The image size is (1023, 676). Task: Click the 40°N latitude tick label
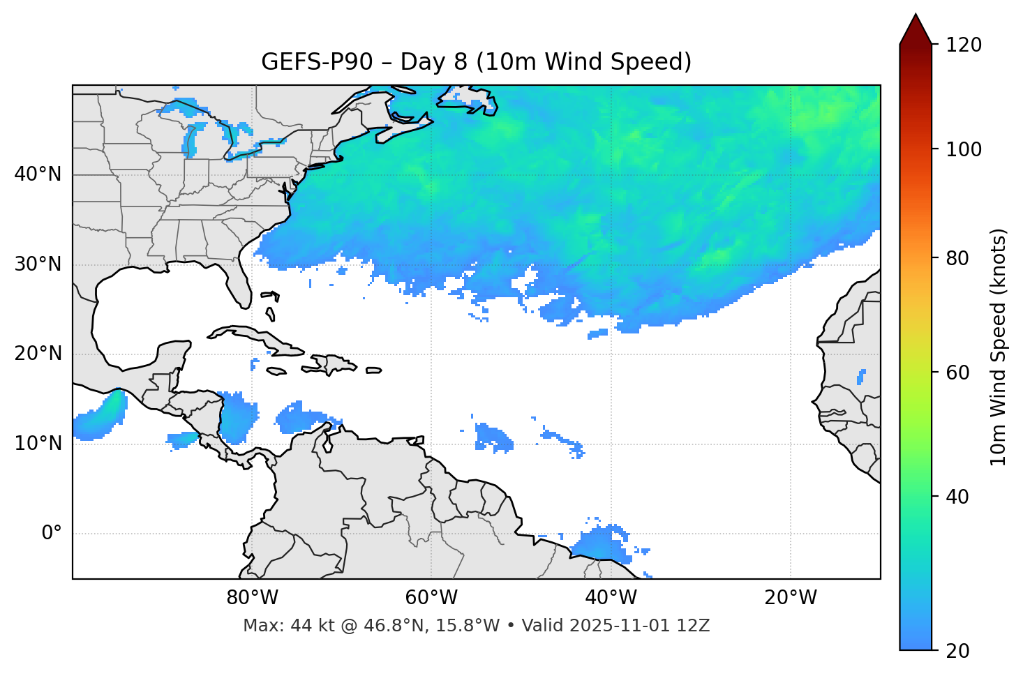tap(38, 174)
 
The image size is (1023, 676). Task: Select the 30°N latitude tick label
tap(38, 264)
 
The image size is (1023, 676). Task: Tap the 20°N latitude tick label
tap(38, 354)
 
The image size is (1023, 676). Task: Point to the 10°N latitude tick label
tap(38, 444)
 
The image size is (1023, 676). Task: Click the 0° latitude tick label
tap(52, 534)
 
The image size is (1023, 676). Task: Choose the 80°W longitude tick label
tap(252, 598)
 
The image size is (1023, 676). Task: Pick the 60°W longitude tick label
tap(431, 598)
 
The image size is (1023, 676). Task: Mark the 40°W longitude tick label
tap(611, 598)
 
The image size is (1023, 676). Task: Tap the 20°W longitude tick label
tap(791, 598)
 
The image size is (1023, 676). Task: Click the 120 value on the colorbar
tap(964, 45)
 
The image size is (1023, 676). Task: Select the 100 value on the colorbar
tap(964, 149)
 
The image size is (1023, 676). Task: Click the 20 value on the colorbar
tap(957, 651)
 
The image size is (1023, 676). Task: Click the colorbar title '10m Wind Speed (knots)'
tap(999, 347)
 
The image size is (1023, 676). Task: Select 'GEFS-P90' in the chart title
tap(317, 62)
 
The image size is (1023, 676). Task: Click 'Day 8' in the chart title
tap(433, 62)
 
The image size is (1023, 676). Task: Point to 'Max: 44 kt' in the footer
tap(280, 626)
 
